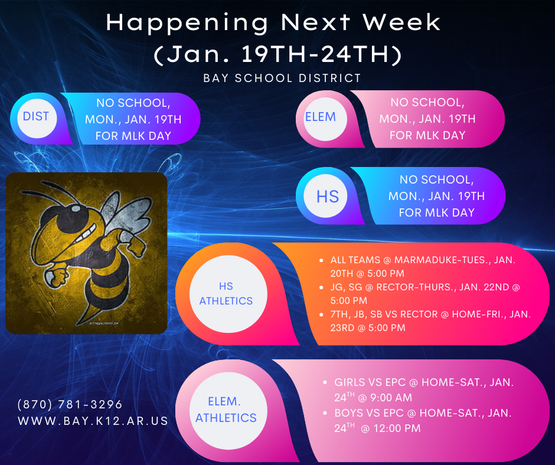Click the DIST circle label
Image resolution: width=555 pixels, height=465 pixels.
[36, 116]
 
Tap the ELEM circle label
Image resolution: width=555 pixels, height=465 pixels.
[320, 117]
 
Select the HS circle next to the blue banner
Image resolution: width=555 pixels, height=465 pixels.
[328, 196]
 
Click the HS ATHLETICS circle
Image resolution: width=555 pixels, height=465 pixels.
[226, 293]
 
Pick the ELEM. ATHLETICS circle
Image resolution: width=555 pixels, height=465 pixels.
[226, 410]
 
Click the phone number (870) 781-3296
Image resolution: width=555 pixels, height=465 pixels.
[70, 404]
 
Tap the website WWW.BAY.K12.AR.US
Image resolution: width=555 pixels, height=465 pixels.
[93, 421]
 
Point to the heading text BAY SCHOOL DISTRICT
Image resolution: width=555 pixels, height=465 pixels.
[282, 78]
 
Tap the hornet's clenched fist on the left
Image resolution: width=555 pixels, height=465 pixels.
[58, 276]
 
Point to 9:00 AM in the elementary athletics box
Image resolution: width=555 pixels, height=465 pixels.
[387, 398]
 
